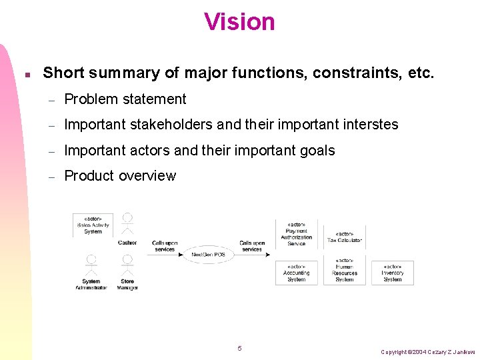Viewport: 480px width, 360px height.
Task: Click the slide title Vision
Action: click(x=239, y=22)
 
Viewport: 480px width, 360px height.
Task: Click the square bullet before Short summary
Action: click(x=26, y=74)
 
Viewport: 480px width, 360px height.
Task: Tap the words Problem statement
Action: click(x=125, y=99)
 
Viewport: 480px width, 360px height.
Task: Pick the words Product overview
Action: click(x=120, y=176)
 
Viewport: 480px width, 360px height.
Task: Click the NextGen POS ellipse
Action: click(x=209, y=255)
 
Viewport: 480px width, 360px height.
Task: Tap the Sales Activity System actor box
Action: click(x=93, y=225)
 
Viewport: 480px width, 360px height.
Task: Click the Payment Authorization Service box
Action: click(x=296, y=234)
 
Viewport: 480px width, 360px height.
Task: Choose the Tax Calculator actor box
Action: click(x=345, y=237)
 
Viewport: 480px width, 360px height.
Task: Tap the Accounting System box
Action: click(x=296, y=273)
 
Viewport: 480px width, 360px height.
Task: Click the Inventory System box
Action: click(x=393, y=273)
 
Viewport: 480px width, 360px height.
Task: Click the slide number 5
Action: click(x=239, y=349)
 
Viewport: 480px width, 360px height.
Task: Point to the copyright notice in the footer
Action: click(x=427, y=351)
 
